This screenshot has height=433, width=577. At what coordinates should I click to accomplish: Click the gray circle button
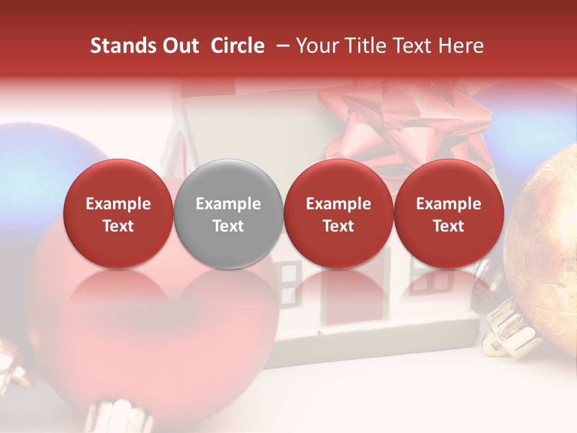[228, 213]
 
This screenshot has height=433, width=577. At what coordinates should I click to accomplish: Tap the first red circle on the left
[118, 213]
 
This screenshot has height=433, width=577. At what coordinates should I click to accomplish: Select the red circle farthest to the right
[448, 213]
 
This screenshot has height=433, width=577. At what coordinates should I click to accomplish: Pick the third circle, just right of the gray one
[338, 213]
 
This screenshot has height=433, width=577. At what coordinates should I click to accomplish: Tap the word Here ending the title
[463, 46]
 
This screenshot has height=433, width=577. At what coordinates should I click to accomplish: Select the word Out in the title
[179, 46]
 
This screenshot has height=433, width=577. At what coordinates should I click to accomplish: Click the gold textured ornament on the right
[547, 241]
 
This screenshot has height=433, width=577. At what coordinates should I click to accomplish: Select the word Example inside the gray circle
[228, 204]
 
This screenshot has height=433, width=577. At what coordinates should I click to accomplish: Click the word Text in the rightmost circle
[448, 226]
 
